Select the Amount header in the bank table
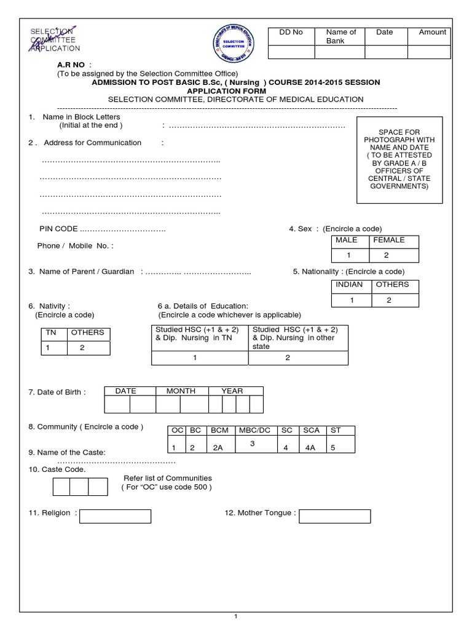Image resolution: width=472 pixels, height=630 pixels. click(433, 32)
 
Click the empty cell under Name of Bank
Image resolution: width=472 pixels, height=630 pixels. click(340, 53)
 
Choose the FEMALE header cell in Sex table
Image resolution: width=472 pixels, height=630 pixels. click(389, 240)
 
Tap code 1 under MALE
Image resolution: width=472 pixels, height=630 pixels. click(348, 255)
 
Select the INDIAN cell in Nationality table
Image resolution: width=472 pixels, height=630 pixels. click(348, 285)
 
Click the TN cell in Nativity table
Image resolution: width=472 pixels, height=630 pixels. click(50, 333)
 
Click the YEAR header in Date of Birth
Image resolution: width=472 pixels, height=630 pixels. click(232, 391)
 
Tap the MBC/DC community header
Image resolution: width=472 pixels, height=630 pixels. click(255, 431)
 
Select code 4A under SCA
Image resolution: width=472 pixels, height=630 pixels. click(310, 449)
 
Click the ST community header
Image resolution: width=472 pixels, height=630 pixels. click(336, 431)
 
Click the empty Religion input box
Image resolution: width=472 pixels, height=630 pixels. click(116, 516)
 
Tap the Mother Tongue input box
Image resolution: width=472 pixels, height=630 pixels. click(335, 516)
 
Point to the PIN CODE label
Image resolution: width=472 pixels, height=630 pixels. click(58, 229)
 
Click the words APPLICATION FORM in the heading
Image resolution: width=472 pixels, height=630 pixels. click(235, 90)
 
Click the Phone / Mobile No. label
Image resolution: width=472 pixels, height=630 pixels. click(76, 245)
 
